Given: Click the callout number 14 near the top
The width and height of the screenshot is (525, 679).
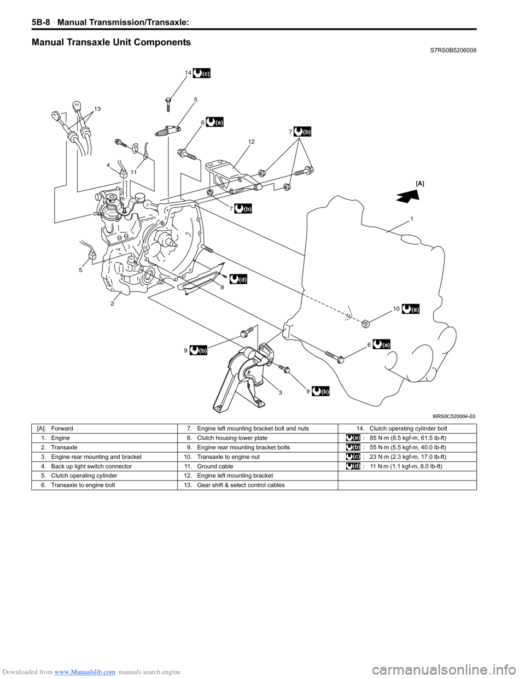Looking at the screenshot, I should tap(188, 73).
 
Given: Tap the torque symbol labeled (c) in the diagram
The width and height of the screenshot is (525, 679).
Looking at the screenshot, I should tap(202, 73).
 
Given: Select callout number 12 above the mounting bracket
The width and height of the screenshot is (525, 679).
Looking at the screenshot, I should tap(251, 142).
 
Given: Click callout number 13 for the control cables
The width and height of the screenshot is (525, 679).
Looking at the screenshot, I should tap(97, 109).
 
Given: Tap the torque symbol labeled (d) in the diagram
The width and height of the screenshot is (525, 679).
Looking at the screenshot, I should tap(238, 279).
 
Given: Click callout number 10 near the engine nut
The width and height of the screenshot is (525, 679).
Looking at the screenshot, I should tap(396, 309).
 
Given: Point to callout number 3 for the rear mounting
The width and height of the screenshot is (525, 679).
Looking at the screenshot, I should tap(280, 393).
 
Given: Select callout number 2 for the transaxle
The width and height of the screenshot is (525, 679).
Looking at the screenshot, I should tap(112, 303).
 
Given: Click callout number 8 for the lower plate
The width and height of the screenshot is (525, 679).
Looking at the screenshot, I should tap(222, 286).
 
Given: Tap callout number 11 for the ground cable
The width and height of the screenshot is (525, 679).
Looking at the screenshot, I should tap(133, 172).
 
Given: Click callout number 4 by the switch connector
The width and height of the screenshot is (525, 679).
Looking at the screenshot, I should tap(108, 165).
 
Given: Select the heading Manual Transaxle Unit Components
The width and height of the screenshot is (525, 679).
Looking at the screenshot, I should tap(112, 42).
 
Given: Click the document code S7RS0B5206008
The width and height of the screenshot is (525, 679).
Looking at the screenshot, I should tap(450, 50).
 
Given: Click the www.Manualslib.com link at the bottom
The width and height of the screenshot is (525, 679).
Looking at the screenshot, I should tap(85, 672).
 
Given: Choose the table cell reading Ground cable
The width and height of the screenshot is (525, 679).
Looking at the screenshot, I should tap(214, 466).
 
